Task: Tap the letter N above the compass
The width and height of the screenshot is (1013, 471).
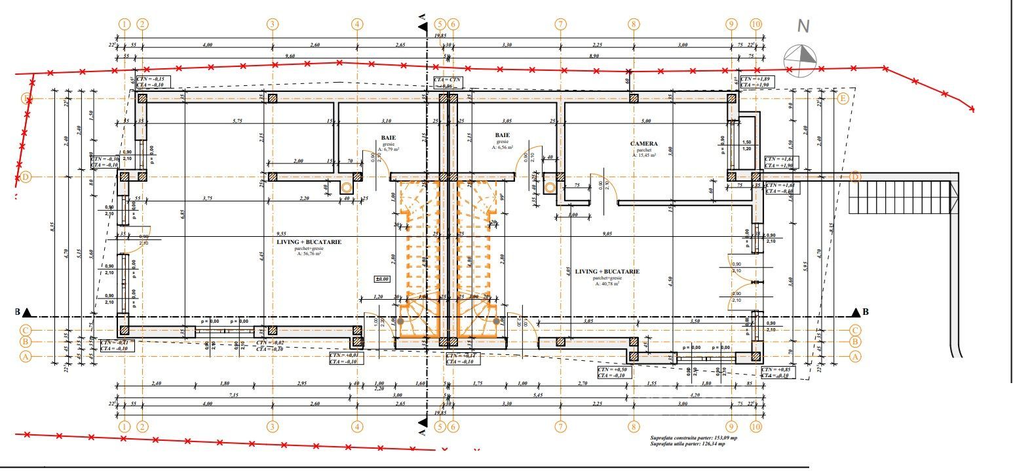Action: pyautogui.click(x=803, y=27)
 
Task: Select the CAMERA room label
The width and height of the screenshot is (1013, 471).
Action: pyautogui.click(x=643, y=144)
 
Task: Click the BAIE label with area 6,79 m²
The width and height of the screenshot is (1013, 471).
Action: pyautogui.click(x=389, y=138)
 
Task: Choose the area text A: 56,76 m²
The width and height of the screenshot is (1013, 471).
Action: pyautogui.click(x=309, y=254)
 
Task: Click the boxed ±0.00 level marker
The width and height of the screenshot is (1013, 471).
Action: pyautogui.click(x=381, y=279)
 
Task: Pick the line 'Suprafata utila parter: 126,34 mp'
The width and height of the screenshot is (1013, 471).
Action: pyautogui.click(x=687, y=444)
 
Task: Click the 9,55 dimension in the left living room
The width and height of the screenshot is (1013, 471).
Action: pyautogui.click(x=282, y=234)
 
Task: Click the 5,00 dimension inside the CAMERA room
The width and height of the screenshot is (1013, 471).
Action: pyautogui.click(x=646, y=121)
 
